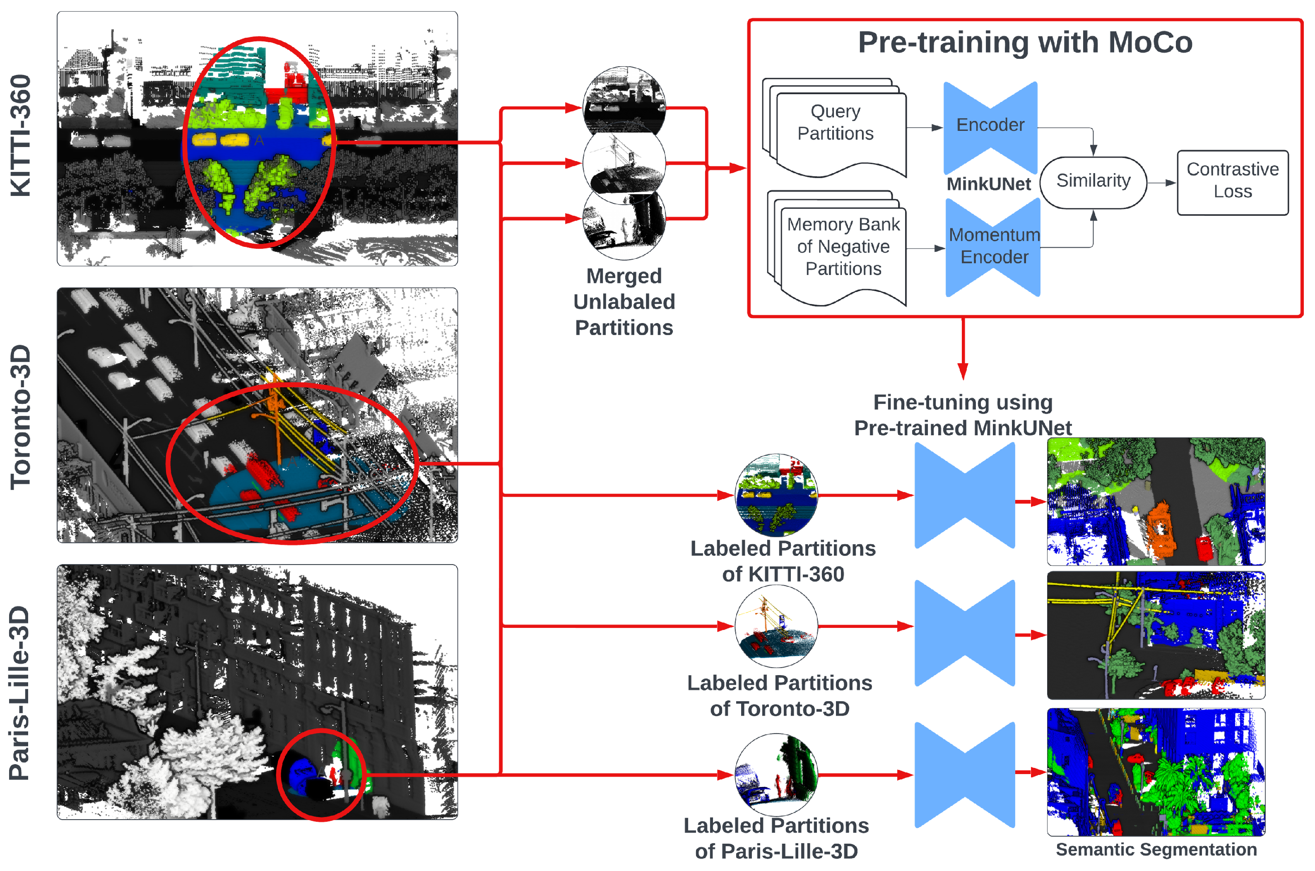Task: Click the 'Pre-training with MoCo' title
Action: coord(1025,42)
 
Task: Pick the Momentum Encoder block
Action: coord(993,246)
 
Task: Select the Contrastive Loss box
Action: coord(1232,181)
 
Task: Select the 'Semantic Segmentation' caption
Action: coord(1156,849)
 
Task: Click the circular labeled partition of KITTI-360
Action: coord(776,495)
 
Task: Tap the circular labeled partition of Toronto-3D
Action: coord(776,626)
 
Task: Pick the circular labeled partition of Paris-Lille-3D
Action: coord(776,774)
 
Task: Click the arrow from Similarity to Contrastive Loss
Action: coord(1161,182)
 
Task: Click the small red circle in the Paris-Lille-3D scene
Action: coord(321,774)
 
